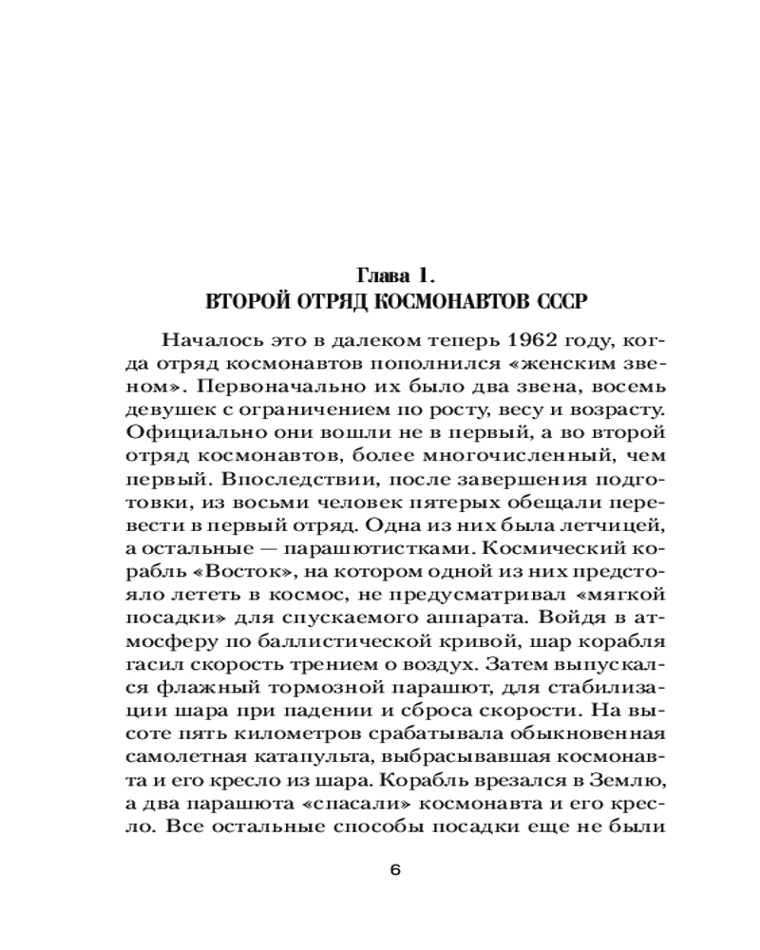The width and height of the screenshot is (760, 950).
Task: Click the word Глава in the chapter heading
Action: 380,277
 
